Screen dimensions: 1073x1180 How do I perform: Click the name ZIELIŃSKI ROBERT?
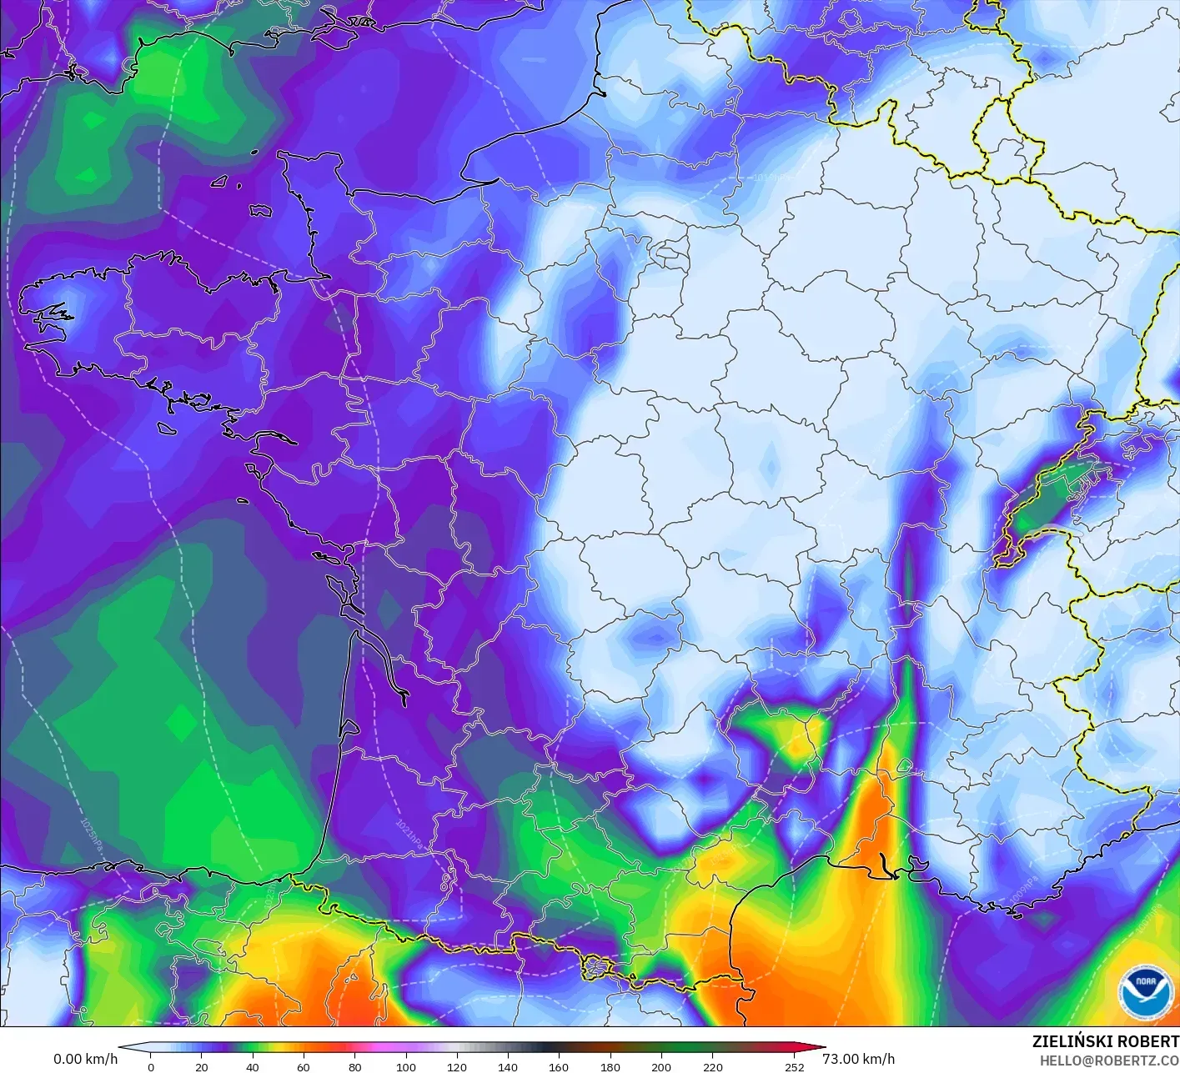pyautogui.click(x=1105, y=1041)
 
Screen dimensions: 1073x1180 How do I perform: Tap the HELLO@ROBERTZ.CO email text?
pyautogui.click(x=1109, y=1060)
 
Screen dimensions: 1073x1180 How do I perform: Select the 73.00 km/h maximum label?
pyautogui.click(x=858, y=1059)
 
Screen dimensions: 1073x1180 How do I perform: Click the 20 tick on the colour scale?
pyautogui.click(x=201, y=1066)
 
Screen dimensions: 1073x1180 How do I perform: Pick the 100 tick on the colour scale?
pyautogui.click(x=406, y=1066)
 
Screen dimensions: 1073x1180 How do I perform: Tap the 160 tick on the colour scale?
pyautogui.click(x=559, y=1066)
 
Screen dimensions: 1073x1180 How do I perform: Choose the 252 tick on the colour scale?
pyautogui.click(x=794, y=1066)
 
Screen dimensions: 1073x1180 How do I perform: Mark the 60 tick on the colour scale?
pyautogui.click(x=304, y=1066)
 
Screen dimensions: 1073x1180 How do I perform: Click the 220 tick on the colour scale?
pyautogui.click(x=712, y=1066)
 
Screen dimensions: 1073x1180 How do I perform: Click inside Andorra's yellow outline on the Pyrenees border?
pyautogui.click(x=597, y=967)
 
